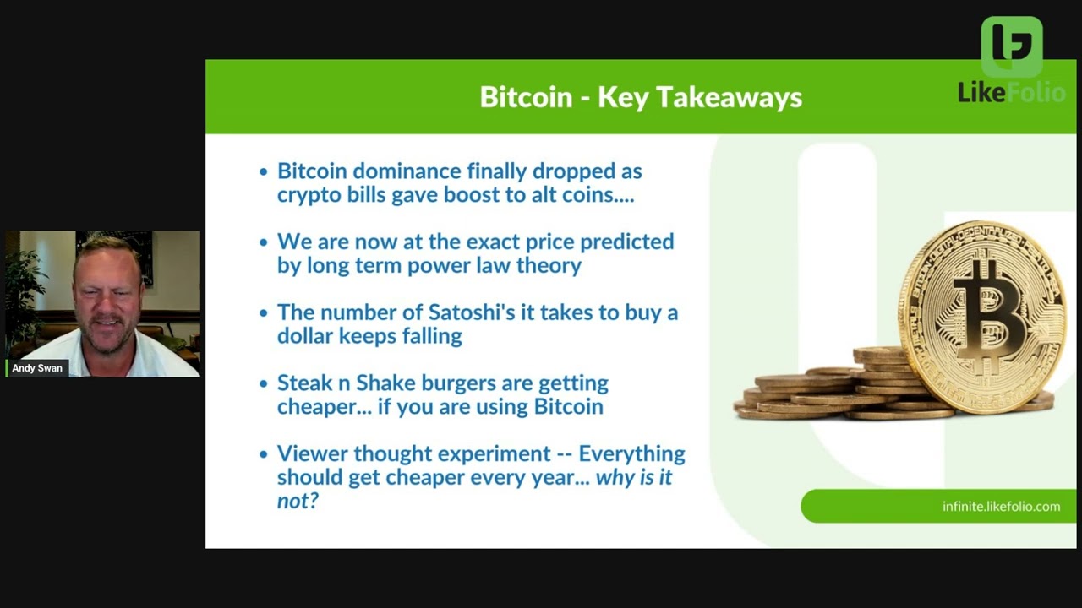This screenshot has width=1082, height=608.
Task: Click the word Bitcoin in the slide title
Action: point(526,97)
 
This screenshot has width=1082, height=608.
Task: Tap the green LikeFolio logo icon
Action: point(1011,47)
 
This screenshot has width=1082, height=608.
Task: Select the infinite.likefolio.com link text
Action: point(1001,507)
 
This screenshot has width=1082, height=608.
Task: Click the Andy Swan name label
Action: point(37,368)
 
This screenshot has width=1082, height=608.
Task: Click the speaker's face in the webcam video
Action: point(107,296)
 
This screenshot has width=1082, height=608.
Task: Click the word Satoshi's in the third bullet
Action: point(468,312)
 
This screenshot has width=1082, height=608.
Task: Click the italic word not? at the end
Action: point(297,501)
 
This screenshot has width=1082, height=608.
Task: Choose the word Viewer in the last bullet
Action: point(312,453)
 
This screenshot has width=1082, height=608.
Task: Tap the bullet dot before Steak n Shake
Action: point(264,384)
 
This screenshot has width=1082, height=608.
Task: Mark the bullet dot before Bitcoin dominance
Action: point(264,172)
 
